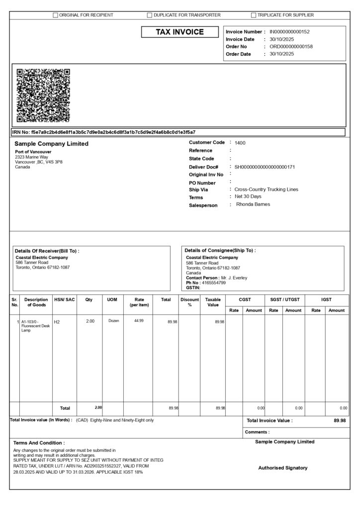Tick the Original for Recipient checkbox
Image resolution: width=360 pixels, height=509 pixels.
pyautogui.click(x=56, y=15)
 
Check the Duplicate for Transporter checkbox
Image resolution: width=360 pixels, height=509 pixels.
pyautogui.click(x=150, y=15)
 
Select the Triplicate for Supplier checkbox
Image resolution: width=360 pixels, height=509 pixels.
pyautogui.click(x=254, y=15)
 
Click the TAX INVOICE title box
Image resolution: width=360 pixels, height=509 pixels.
pyautogui.click(x=180, y=32)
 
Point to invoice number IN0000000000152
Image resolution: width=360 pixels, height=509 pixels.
pyautogui.click(x=289, y=32)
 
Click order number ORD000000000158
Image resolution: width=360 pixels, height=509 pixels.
pyautogui.click(x=291, y=47)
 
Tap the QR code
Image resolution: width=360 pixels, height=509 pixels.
pyautogui.click(x=43, y=95)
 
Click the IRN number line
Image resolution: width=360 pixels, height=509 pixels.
pyautogui.click(x=104, y=132)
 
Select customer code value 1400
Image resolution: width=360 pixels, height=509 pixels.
pyautogui.click(x=240, y=143)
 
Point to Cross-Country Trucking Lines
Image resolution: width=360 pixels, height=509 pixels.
pyautogui.click(x=266, y=189)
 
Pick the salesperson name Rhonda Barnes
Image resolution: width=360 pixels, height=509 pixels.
pyautogui.click(x=253, y=204)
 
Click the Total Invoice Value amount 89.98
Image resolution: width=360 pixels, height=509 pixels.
pyautogui.click(x=340, y=421)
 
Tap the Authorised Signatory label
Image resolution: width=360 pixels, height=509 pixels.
pyautogui.click(x=282, y=468)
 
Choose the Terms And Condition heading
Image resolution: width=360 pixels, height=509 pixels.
pyautogui.click(x=39, y=442)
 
